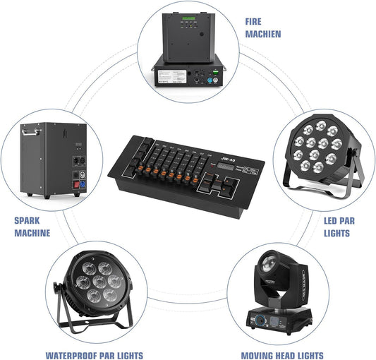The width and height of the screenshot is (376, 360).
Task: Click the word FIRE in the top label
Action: [253, 22]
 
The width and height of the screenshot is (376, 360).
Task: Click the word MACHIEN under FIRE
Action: [263, 34]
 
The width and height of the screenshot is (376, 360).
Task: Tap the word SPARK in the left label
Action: [28, 220]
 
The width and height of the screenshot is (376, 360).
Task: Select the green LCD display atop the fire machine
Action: [188, 18]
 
